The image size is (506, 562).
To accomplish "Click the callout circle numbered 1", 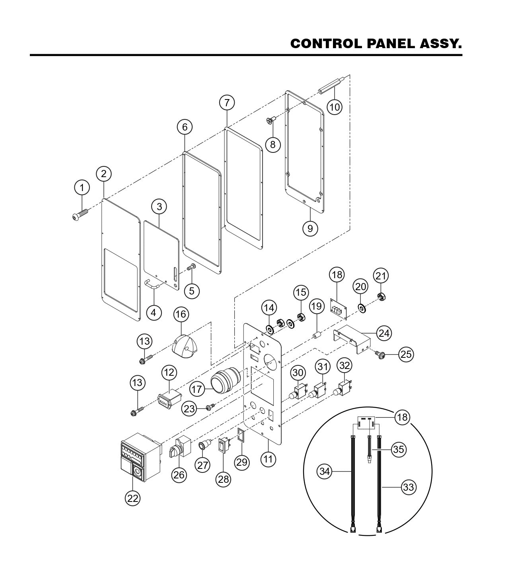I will point(82,187).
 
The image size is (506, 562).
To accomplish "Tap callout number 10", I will point(335,107).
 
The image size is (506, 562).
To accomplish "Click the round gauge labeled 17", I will point(225,381).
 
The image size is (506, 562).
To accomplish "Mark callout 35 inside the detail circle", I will point(398,449).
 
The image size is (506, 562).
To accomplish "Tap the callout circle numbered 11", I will point(268,459).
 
